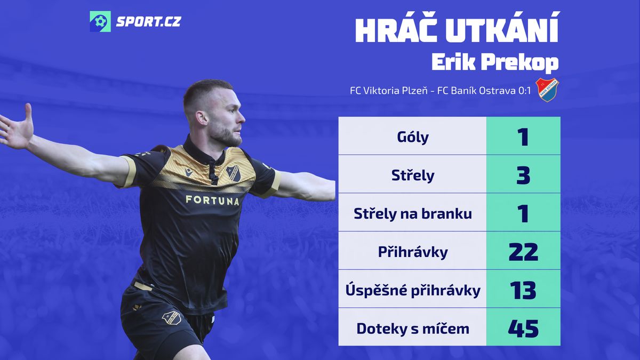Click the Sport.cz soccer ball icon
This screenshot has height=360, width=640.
[100, 21]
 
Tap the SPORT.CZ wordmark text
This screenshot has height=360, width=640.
[149, 22]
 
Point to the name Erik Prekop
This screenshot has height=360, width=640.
[495, 62]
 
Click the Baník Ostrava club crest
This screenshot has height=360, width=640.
[547, 90]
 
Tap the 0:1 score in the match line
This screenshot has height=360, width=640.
[523, 91]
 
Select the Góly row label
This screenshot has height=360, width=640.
[413, 137]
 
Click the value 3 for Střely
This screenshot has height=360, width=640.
[523, 175]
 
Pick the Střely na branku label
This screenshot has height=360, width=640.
[413, 214]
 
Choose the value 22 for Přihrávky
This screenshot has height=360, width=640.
[523, 252]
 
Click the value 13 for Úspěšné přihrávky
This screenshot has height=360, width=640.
[523, 290]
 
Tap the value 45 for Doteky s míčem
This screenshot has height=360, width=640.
[523, 329]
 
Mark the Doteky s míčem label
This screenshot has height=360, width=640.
[413, 329]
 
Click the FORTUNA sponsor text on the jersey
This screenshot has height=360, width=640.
[213, 201]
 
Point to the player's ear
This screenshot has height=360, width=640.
[201, 118]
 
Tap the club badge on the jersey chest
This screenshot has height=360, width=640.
[234, 173]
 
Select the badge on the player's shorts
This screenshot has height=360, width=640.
[171, 317]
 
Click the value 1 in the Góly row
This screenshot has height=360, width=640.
[523, 137]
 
